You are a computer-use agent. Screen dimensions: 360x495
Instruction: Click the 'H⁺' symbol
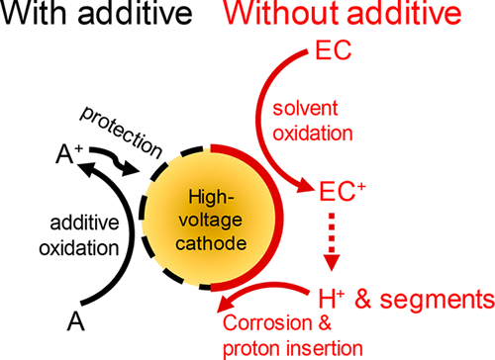[x=335, y=296]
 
